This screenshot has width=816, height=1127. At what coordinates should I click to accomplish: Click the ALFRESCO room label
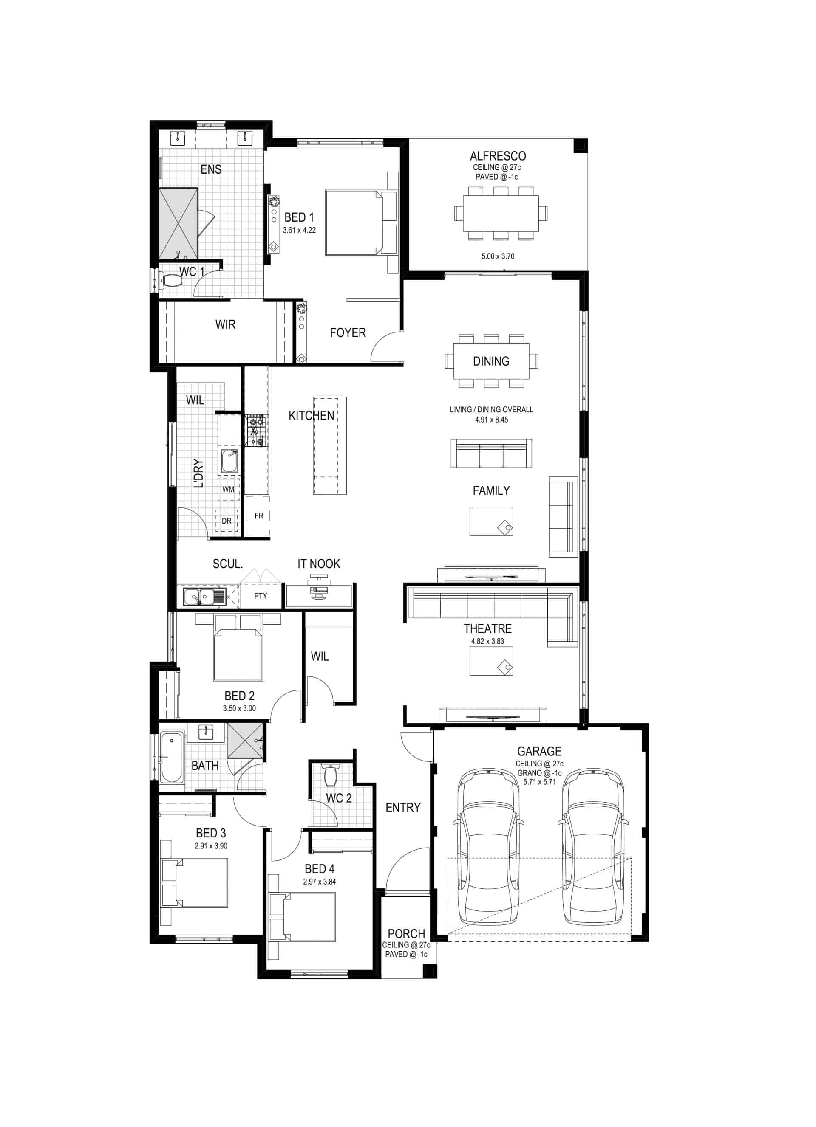tap(497, 156)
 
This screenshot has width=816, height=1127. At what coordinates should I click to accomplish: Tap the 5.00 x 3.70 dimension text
tap(497, 256)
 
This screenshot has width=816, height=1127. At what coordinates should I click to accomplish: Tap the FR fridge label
tap(258, 516)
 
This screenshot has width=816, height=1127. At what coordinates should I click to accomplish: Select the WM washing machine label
tap(228, 490)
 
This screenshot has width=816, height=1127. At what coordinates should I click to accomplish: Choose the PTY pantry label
tap(261, 596)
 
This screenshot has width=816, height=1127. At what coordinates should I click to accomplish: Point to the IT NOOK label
tap(319, 563)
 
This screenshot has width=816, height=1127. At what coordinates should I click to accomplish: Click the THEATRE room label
tap(487, 628)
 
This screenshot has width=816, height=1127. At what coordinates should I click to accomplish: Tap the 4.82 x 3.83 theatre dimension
tap(487, 641)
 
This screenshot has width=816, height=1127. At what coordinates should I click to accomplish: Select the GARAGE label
tap(539, 751)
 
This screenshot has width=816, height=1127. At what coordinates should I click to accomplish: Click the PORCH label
tap(406, 934)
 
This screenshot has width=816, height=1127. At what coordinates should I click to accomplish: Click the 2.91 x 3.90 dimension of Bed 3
tap(211, 846)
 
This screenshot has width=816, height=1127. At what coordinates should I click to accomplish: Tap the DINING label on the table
tap(491, 361)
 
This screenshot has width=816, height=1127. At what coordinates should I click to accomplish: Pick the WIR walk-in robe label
tap(225, 324)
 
